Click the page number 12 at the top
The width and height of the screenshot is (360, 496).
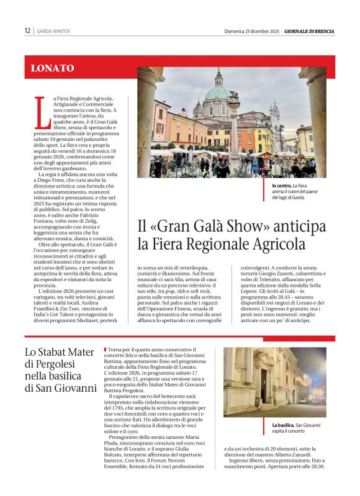(x=27, y=30)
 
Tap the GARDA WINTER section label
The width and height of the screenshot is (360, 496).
(x=53, y=30)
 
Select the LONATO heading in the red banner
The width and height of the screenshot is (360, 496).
(x=52, y=68)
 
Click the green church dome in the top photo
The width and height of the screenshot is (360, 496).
(x=218, y=92)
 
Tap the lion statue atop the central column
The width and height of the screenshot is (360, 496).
(x=233, y=96)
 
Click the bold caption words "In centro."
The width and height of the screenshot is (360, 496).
(x=282, y=186)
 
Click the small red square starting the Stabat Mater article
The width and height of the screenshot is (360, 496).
(x=105, y=350)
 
